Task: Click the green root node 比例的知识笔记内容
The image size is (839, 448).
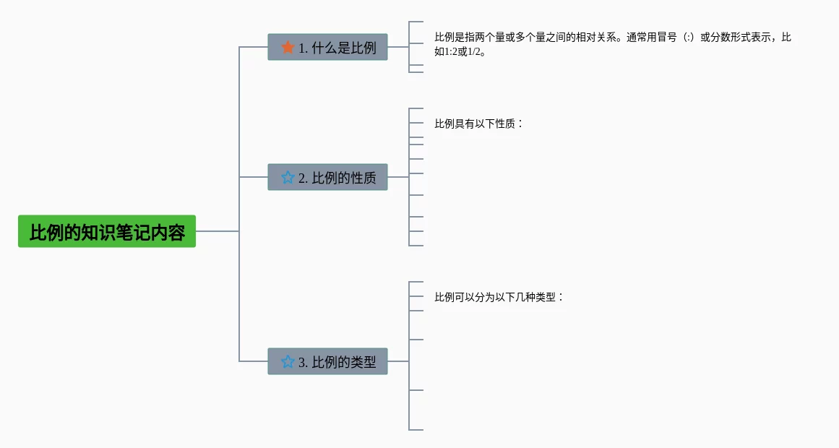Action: (107, 231)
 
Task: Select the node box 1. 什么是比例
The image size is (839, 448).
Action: (327, 47)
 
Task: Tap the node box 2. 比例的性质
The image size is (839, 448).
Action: (327, 177)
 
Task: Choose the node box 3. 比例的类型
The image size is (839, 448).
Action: (327, 361)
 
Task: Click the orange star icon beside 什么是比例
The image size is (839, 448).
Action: (288, 48)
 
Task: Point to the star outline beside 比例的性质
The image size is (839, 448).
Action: (288, 178)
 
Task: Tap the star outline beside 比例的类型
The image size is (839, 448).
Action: (288, 361)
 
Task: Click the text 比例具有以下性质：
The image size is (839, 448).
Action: (478, 124)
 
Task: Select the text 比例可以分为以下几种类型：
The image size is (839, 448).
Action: (499, 297)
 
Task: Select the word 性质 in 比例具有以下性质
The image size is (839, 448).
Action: (505, 124)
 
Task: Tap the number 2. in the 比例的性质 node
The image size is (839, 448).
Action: (304, 178)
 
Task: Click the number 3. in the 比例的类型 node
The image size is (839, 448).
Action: (304, 362)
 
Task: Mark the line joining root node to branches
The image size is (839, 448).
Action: (217, 231)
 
